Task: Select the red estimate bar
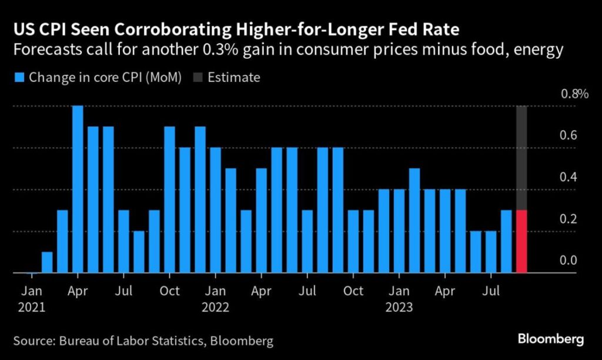tap(521, 241)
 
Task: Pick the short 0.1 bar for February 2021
tap(47, 262)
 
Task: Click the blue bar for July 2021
tap(123, 241)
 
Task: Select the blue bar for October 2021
tap(169, 199)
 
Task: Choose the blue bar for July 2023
tap(491, 252)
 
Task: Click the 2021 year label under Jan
tap(32, 307)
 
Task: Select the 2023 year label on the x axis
tap(399, 307)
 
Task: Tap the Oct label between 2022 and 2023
tap(353, 291)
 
